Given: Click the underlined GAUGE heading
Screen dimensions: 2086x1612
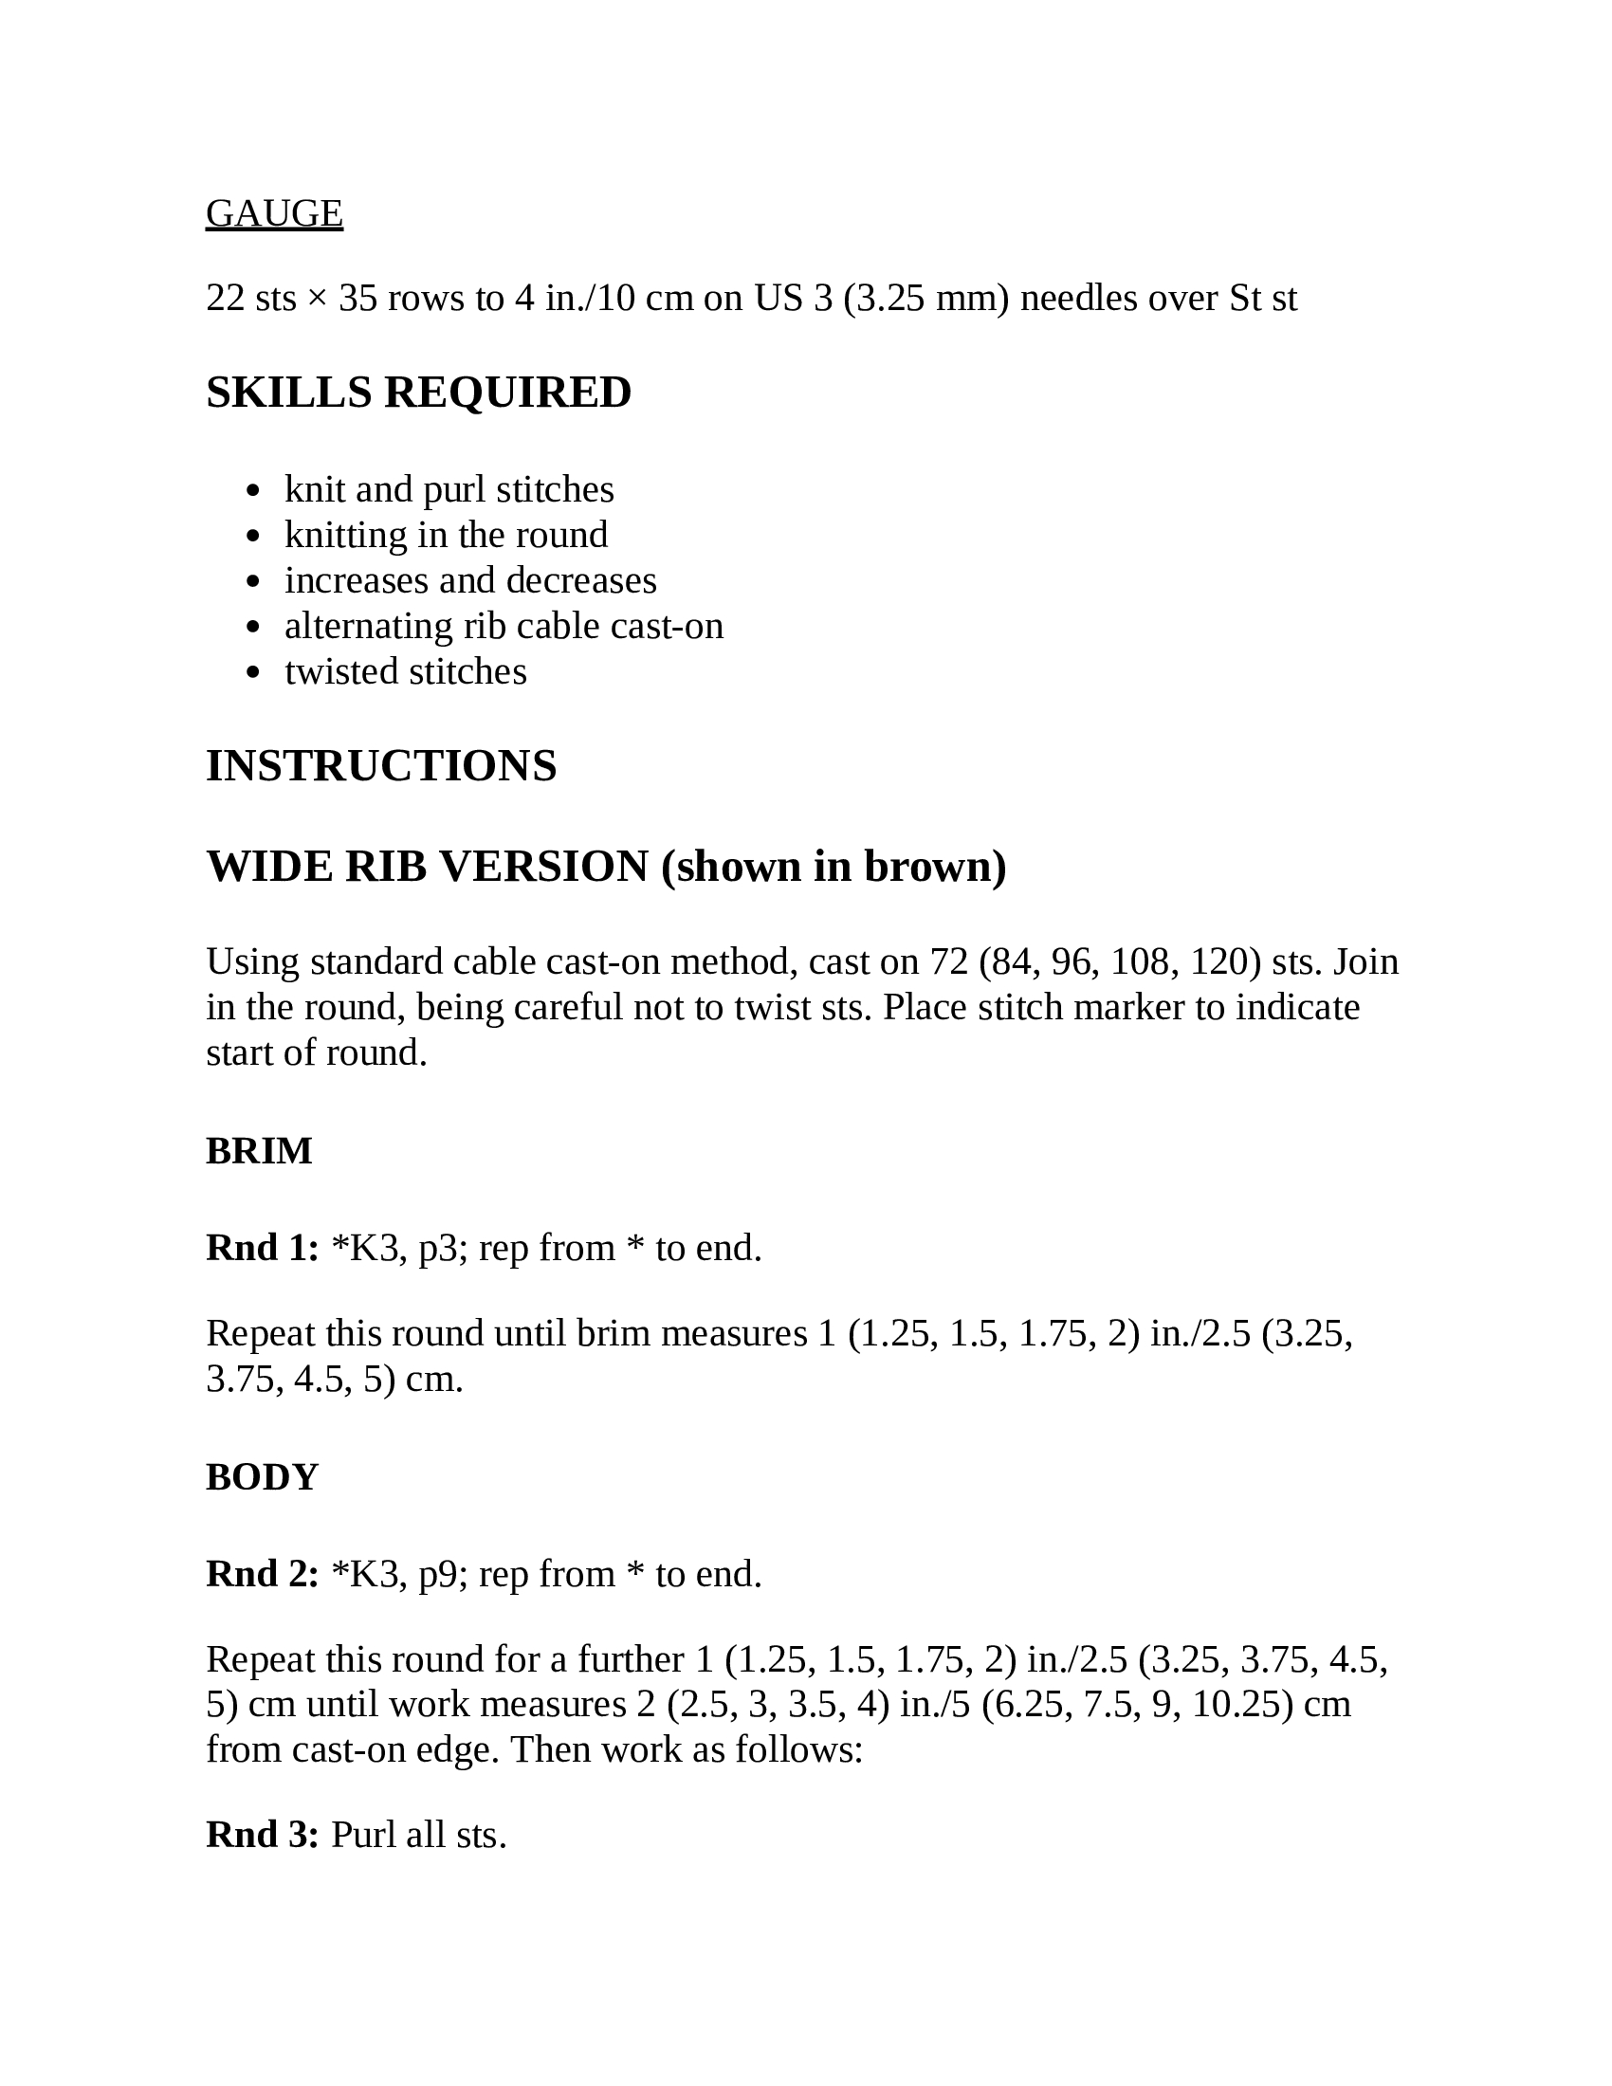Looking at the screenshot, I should click(274, 213).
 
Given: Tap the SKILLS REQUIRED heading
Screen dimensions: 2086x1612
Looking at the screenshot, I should click(418, 393).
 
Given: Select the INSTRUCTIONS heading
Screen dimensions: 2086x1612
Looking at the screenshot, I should click(381, 766).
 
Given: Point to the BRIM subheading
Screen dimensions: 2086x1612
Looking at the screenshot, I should click(259, 1151).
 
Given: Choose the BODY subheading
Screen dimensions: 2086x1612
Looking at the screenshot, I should click(262, 1476).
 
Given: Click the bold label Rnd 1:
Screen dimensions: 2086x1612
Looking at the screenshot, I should click(262, 1249).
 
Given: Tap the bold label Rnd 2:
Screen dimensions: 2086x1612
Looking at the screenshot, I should click(262, 1574).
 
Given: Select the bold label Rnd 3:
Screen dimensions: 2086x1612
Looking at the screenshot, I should click(262, 1835).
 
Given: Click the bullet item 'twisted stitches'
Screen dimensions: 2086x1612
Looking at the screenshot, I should click(405, 671).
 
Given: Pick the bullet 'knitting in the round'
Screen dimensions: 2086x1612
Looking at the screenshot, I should click(446, 535).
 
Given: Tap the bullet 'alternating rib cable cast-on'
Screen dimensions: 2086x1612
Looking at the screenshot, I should click(504, 626).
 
